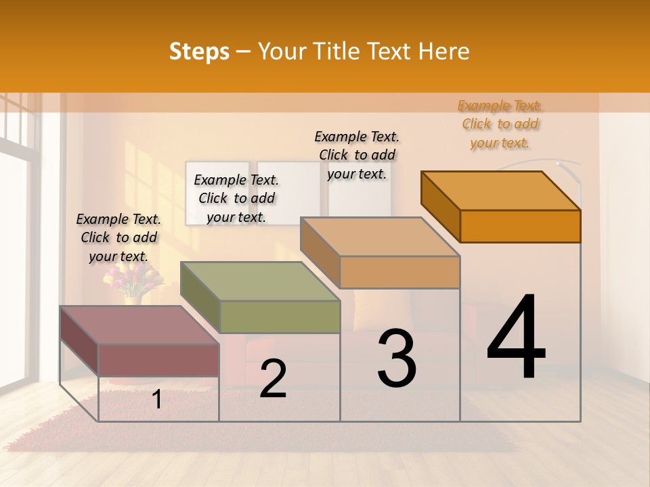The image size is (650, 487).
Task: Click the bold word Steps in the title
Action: [199, 51]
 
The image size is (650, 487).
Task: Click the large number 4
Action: [516, 338]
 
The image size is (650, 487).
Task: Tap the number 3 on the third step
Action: [397, 358]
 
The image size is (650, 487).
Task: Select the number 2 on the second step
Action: [273, 379]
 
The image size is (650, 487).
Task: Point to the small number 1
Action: [157, 400]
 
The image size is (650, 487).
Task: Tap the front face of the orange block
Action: [520, 226]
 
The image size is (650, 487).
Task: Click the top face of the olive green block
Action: [261, 281]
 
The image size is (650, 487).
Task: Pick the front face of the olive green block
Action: [280, 317]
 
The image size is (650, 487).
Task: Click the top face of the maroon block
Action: [139, 325]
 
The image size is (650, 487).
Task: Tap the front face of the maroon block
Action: [158, 360]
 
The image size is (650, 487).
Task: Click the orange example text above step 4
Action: [500, 124]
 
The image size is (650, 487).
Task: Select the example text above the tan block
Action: [357, 155]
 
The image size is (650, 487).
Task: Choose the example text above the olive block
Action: [236, 198]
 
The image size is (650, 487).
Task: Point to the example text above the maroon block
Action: [118, 237]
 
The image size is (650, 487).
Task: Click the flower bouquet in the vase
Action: [133, 279]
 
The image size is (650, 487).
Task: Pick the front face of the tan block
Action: [399, 272]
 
